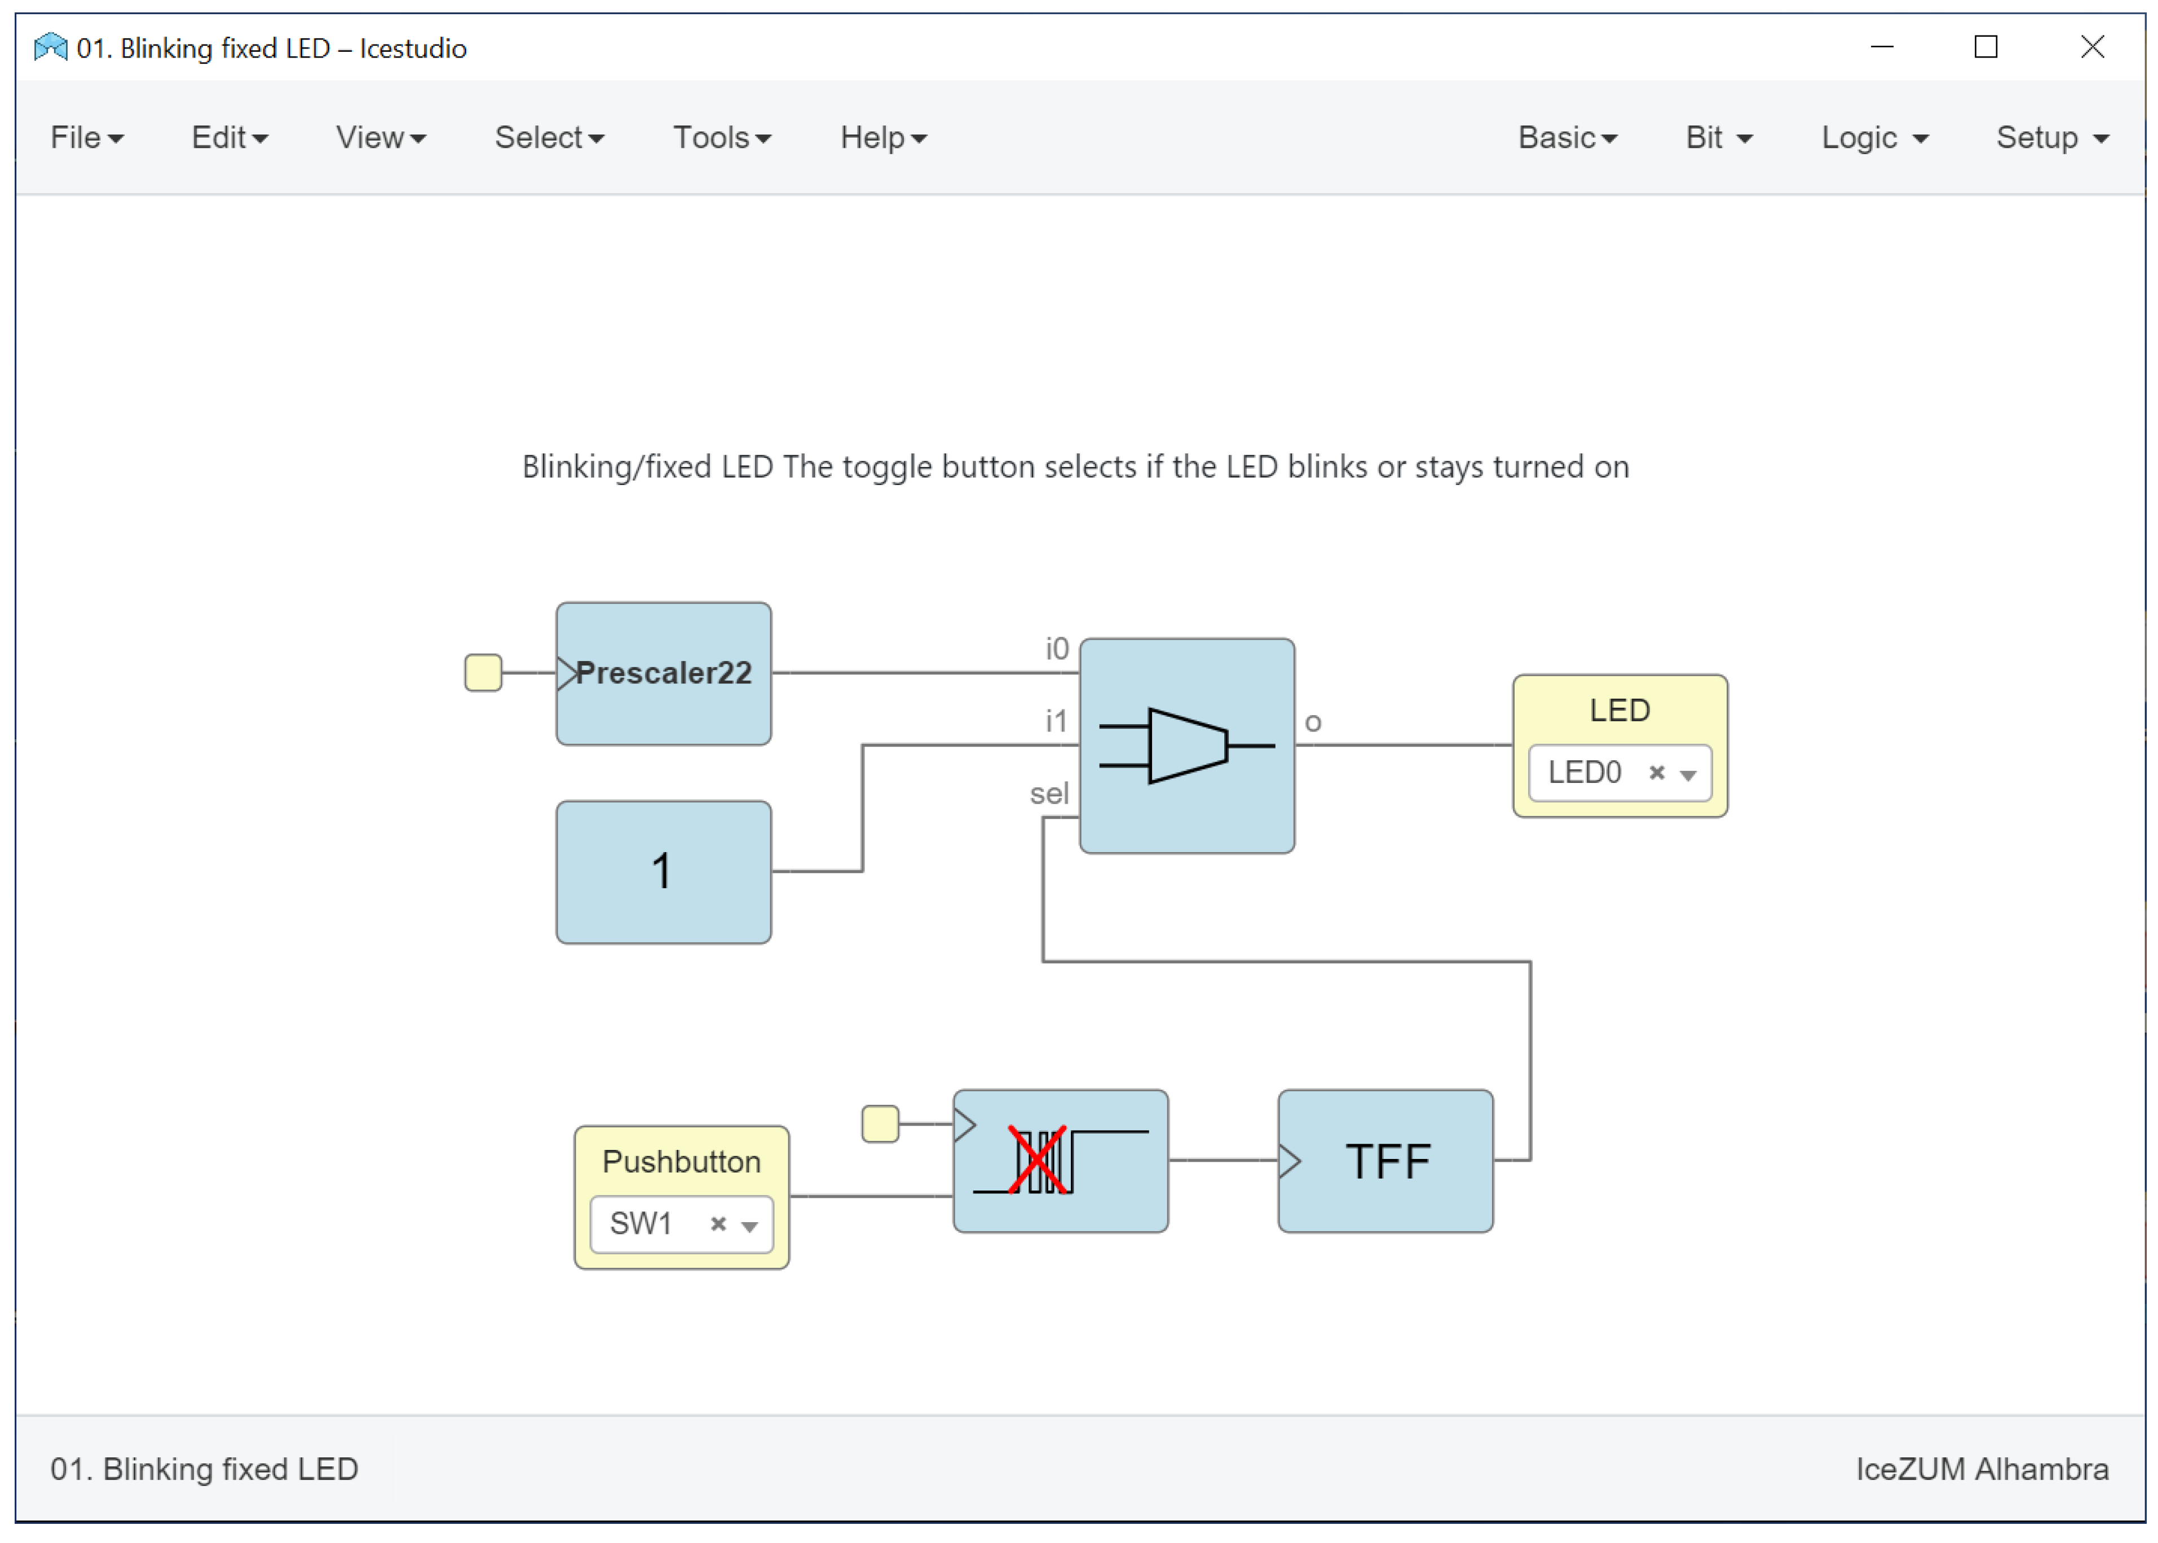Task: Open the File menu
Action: [x=86, y=138]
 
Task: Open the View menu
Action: [x=380, y=138]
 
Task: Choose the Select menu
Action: [x=548, y=138]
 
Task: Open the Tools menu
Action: [x=721, y=138]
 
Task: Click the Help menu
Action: [x=882, y=138]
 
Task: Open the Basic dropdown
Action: [x=1566, y=138]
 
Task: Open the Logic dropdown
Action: [x=1873, y=138]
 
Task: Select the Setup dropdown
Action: [x=2051, y=138]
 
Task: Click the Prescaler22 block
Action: [x=663, y=673]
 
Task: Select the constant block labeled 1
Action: [x=663, y=871]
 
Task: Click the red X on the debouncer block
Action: [x=1036, y=1159]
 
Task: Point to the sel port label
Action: [x=1049, y=793]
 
